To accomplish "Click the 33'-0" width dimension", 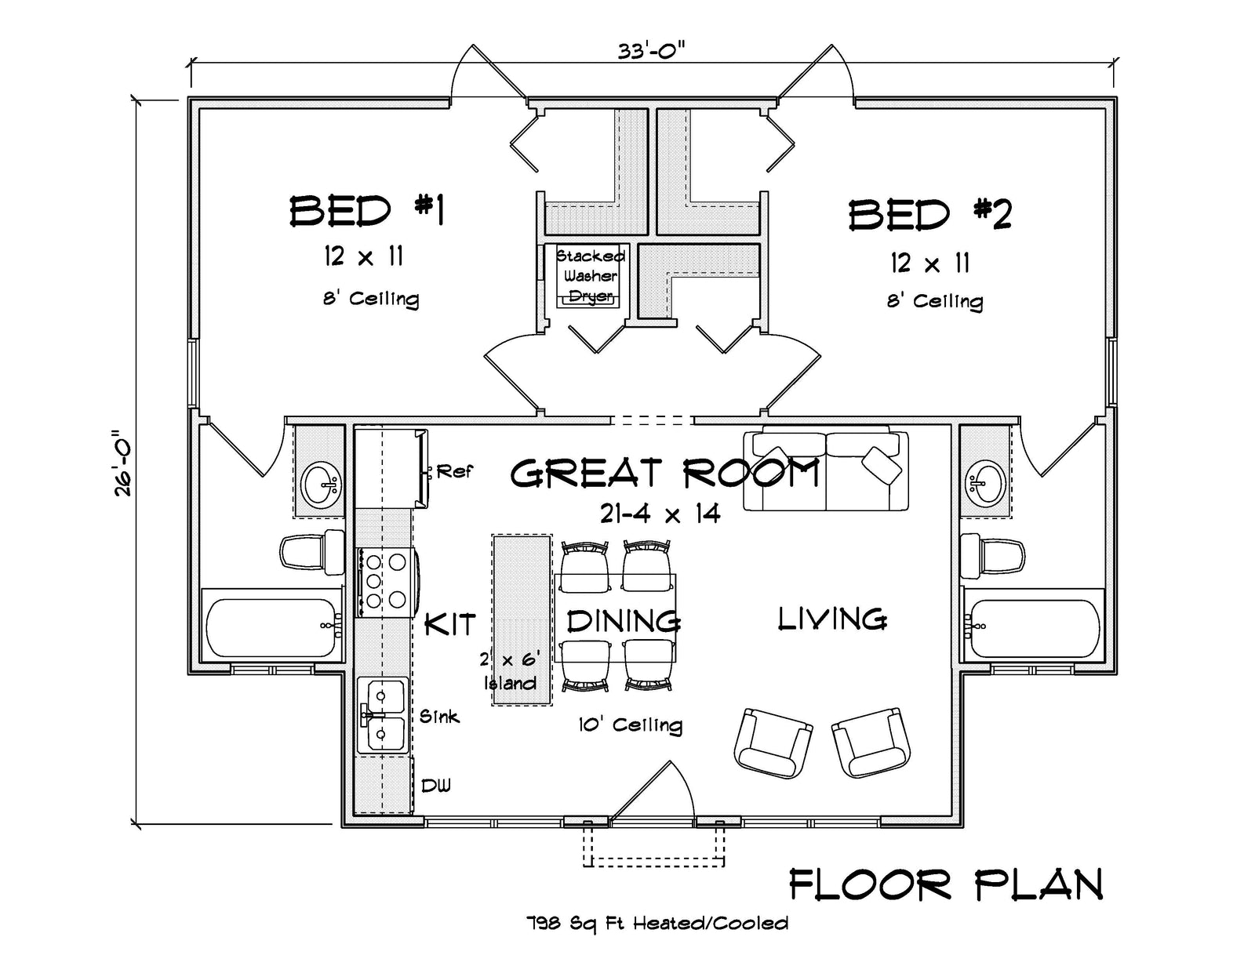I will (650, 51).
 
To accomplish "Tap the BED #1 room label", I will (367, 212).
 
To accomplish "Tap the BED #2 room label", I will (930, 214).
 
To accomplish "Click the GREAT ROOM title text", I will (665, 474).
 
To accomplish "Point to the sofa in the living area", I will (825, 470).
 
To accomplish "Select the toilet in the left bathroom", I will (311, 551).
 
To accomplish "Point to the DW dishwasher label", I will (436, 786).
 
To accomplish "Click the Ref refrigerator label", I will (454, 471).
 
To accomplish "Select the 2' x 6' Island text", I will (510, 672).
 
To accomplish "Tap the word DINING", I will (624, 621).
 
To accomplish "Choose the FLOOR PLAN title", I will (945, 886).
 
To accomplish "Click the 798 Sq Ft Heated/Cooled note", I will (657, 924).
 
